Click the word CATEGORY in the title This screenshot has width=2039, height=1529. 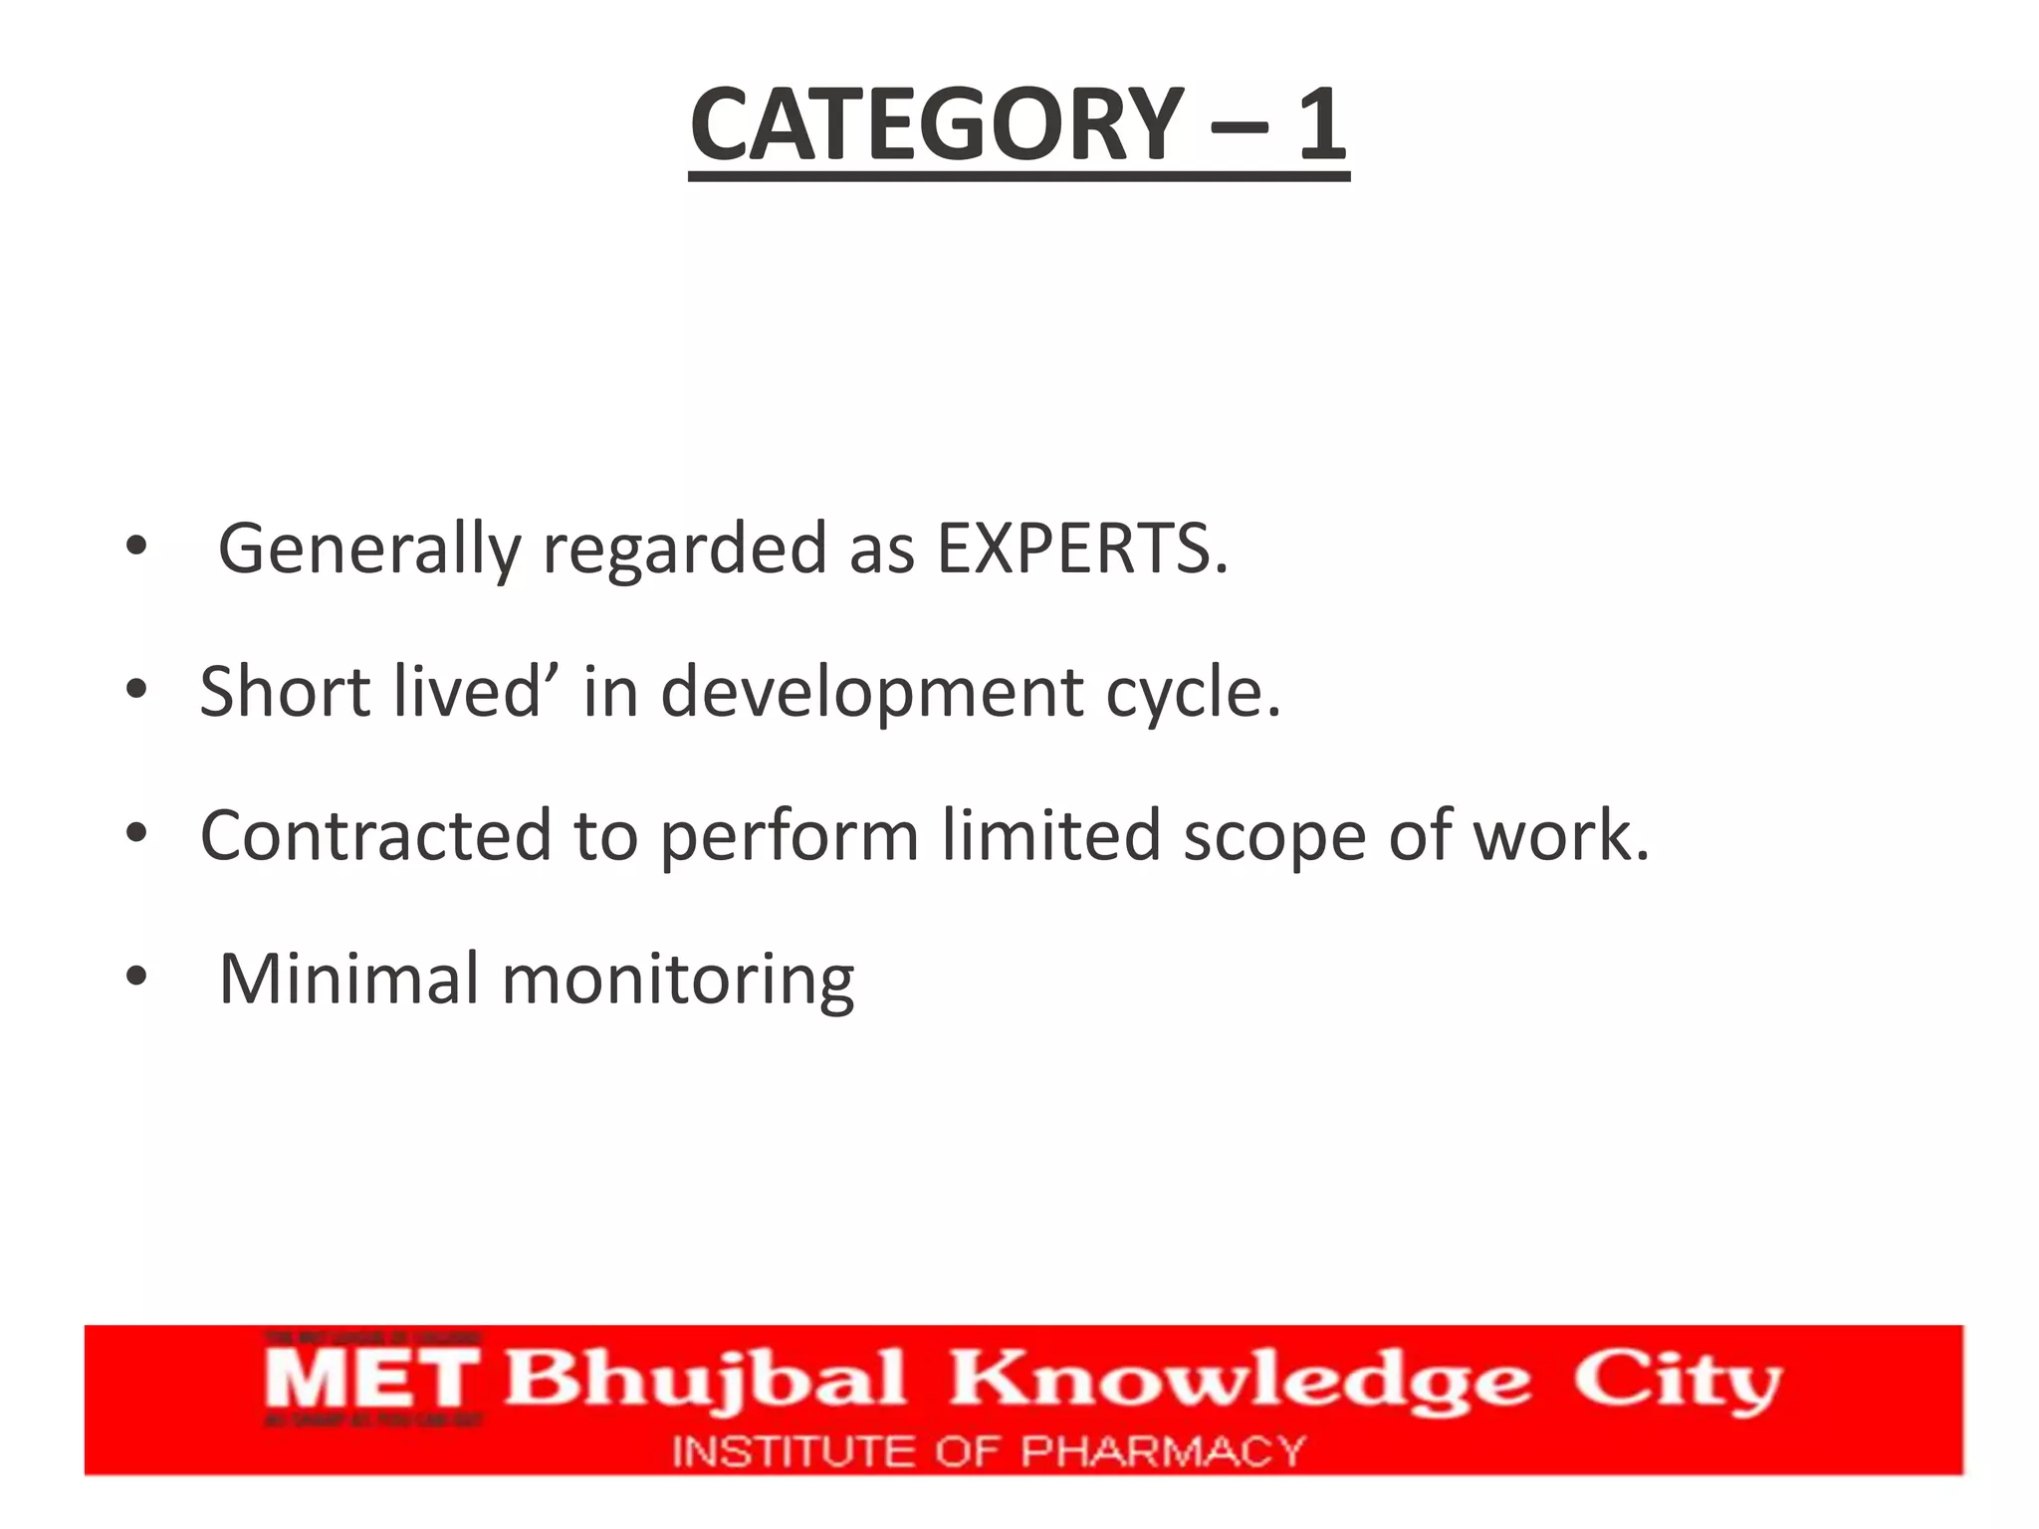click(x=937, y=124)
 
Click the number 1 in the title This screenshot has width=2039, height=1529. click(x=1321, y=124)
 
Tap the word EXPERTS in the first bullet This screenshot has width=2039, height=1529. click(x=1082, y=548)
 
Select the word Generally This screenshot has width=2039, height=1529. click(x=368, y=548)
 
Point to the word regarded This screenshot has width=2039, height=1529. click(x=684, y=548)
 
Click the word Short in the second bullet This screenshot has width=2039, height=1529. click(x=285, y=692)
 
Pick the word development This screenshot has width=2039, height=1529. click(x=872, y=692)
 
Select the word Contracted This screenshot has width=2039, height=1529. click(x=375, y=835)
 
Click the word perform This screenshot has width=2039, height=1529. click(x=789, y=835)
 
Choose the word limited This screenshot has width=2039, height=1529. click(x=1050, y=835)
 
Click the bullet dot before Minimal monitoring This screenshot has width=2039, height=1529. click(x=136, y=977)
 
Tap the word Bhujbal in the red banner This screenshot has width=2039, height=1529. click(x=706, y=1380)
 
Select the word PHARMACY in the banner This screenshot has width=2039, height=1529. click(x=1162, y=1451)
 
